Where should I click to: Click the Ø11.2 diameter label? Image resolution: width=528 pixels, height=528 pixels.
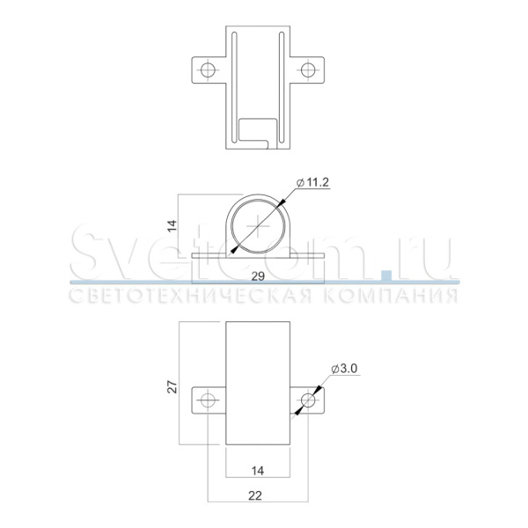[312, 182]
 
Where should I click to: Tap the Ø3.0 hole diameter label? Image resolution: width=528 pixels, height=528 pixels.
[344, 369]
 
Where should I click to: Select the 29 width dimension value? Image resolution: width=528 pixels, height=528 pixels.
[258, 276]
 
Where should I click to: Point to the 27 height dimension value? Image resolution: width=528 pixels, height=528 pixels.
[172, 387]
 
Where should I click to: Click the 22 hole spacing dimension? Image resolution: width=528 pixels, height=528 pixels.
[255, 495]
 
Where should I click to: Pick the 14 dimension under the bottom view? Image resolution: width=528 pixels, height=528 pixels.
[258, 471]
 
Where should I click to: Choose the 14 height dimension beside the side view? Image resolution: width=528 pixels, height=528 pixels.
[172, 225]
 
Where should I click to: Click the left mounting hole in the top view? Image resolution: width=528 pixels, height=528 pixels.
[208, 70]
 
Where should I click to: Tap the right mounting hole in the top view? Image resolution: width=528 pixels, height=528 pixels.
[308, 70]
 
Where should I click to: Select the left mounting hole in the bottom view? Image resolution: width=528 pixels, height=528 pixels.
[208, 400]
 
